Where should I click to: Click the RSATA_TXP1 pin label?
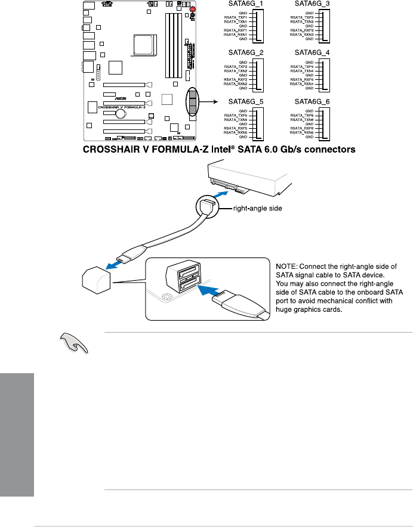click(x=235, y=18)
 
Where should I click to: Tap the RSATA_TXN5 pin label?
click(x=235, y=120)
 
